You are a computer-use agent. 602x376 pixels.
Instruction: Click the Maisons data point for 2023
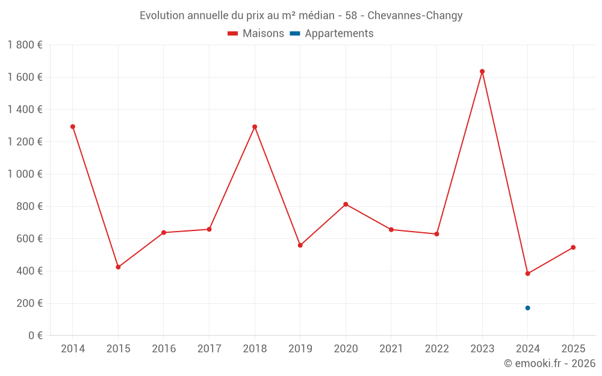tap(482, 72)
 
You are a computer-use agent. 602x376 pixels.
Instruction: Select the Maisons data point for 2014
tap(73, 127)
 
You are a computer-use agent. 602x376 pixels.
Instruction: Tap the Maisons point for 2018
tap(255, 127)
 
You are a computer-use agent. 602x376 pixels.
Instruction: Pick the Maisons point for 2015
tap(118, 267)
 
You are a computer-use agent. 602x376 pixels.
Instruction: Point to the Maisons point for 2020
tap(346, 205)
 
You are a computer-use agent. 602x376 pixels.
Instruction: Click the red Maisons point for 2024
tap(528, 274)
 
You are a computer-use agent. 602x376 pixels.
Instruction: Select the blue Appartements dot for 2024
tap(528, 308)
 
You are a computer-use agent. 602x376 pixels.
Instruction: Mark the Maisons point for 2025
tap(573, 247)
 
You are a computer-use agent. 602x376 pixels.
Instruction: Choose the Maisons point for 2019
tap(300, 245)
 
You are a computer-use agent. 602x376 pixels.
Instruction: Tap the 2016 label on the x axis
tap(164, 349)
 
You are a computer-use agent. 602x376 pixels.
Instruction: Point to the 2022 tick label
tap(436, 349)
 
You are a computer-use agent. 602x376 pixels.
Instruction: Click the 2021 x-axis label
tap(391, 349)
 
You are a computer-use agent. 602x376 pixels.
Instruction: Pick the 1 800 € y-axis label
tap(25, 45)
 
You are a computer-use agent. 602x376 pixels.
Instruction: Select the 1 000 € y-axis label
tap(25, 174)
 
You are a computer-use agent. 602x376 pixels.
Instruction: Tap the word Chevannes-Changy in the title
tap(415, 16)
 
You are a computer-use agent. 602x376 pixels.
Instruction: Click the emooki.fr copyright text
tap(550, 363)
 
